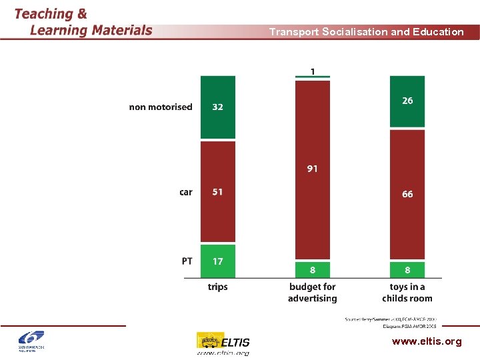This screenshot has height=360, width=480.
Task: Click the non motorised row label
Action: click(161, 107)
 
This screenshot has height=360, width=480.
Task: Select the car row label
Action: click(185, 192)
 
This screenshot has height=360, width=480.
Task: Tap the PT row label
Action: click(187, 261)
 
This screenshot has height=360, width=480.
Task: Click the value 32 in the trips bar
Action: click(218, 107)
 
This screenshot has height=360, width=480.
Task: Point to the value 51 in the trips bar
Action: click(218, 192)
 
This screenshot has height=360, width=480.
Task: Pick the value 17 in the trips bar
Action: click(218, 261)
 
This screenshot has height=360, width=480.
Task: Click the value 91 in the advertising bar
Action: click(313, 169)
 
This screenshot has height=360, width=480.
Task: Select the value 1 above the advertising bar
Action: click(313, 71)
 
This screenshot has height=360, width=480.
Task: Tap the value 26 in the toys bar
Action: click(407, 101)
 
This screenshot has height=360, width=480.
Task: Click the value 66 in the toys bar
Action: click(407, 194)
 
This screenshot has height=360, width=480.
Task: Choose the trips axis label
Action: click(218, 287)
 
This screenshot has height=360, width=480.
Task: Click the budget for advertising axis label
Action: click(313, 293)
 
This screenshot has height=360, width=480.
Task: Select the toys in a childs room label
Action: click(407, 293)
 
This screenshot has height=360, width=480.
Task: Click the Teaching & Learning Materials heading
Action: click(83, 22)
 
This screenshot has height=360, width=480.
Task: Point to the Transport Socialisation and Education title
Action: click(366, 31)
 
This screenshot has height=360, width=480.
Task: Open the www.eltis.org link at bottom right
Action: click(427, 341)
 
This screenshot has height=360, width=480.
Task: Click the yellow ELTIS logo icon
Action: click(209, 341)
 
